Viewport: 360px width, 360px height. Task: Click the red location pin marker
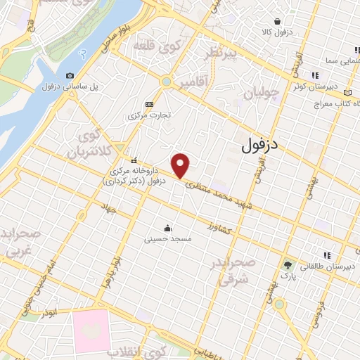coord(181,165)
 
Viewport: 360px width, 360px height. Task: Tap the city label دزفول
coord(260,146)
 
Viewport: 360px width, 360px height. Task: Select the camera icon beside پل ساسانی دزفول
coord(70,76)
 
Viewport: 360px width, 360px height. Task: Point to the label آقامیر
coord(193,84)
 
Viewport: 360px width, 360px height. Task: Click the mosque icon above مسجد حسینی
coord(167,228)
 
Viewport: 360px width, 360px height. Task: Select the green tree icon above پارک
coord(287,265)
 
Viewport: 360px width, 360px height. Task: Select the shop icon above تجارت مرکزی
coord(148,103)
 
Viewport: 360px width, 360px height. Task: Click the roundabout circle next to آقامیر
coord(166,82)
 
